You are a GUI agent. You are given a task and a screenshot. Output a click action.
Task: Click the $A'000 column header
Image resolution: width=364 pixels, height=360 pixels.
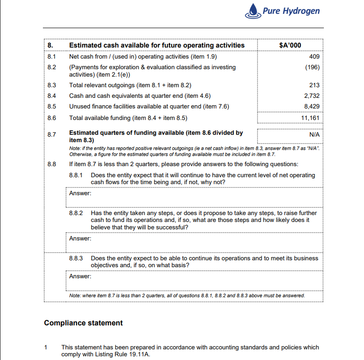coord(291,45)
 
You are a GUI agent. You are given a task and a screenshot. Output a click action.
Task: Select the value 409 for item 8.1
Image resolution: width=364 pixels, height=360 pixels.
coord(314,57)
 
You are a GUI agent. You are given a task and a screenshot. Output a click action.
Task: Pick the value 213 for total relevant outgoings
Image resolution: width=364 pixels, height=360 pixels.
coord(314,85)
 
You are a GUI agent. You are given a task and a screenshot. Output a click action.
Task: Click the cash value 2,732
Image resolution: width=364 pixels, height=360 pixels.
coord(312,96)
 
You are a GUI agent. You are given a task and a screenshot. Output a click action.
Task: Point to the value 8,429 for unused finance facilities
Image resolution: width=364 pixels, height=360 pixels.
coord(312,107)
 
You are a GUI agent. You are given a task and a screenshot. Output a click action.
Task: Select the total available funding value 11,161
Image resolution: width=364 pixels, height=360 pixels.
coord(310,118)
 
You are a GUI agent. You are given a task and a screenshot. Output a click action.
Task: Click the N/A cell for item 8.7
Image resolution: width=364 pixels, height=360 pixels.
coord(314,135)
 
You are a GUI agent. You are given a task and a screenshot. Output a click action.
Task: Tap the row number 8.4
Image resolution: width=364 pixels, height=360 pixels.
coord(52,96)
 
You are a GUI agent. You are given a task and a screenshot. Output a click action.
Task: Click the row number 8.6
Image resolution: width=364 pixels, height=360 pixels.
coord(52,118)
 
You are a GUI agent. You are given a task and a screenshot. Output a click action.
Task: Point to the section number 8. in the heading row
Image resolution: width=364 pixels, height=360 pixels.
coord(50,45)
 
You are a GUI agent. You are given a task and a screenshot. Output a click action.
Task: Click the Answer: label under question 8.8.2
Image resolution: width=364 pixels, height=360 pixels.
coord(80,239)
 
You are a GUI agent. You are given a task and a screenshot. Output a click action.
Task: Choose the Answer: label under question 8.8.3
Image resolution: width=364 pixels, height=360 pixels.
coord(80,276)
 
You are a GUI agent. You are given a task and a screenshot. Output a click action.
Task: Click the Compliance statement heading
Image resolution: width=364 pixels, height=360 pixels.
coord(83,323)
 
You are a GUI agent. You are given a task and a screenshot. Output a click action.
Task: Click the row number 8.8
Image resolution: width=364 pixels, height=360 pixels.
coord(52,164)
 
